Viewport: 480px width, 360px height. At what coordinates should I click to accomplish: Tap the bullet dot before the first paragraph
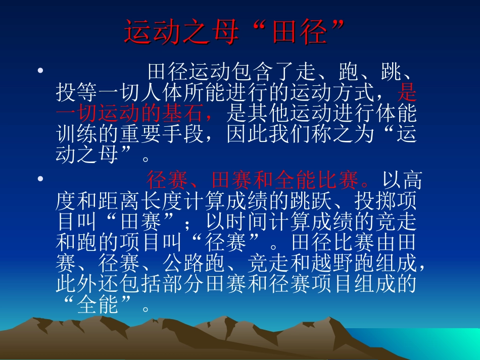(40, 70)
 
